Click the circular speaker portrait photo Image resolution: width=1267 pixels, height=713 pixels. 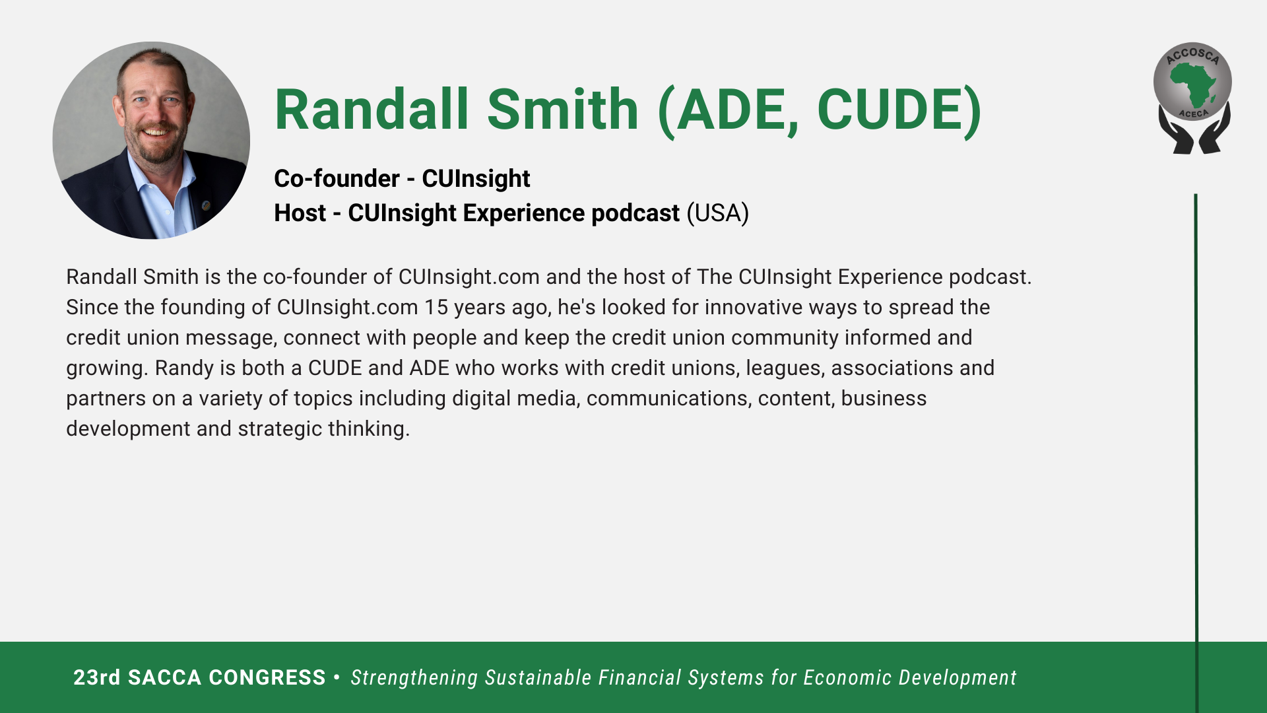click(x=151, y=141)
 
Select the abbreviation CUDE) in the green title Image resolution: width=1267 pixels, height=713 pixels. click(x=899, y=111)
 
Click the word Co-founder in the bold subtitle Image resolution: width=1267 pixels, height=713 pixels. click(x=337, y=179)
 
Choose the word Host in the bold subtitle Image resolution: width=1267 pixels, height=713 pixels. click(x=300, y=213)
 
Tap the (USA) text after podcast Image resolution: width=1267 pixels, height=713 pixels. click(x=718, y=213)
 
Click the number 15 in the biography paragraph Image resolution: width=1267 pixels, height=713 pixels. click(x=436, y=308)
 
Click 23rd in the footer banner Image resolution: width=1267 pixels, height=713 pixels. click(x=97, y=678)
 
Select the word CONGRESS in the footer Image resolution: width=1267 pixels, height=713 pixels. click(x=267, y=678)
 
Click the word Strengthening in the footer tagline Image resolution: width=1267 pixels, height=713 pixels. click(x=414, y=679)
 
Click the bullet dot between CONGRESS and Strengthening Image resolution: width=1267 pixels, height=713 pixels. click(x=337, y=677)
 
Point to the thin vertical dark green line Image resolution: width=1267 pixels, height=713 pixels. click(x=1196, y=453)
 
